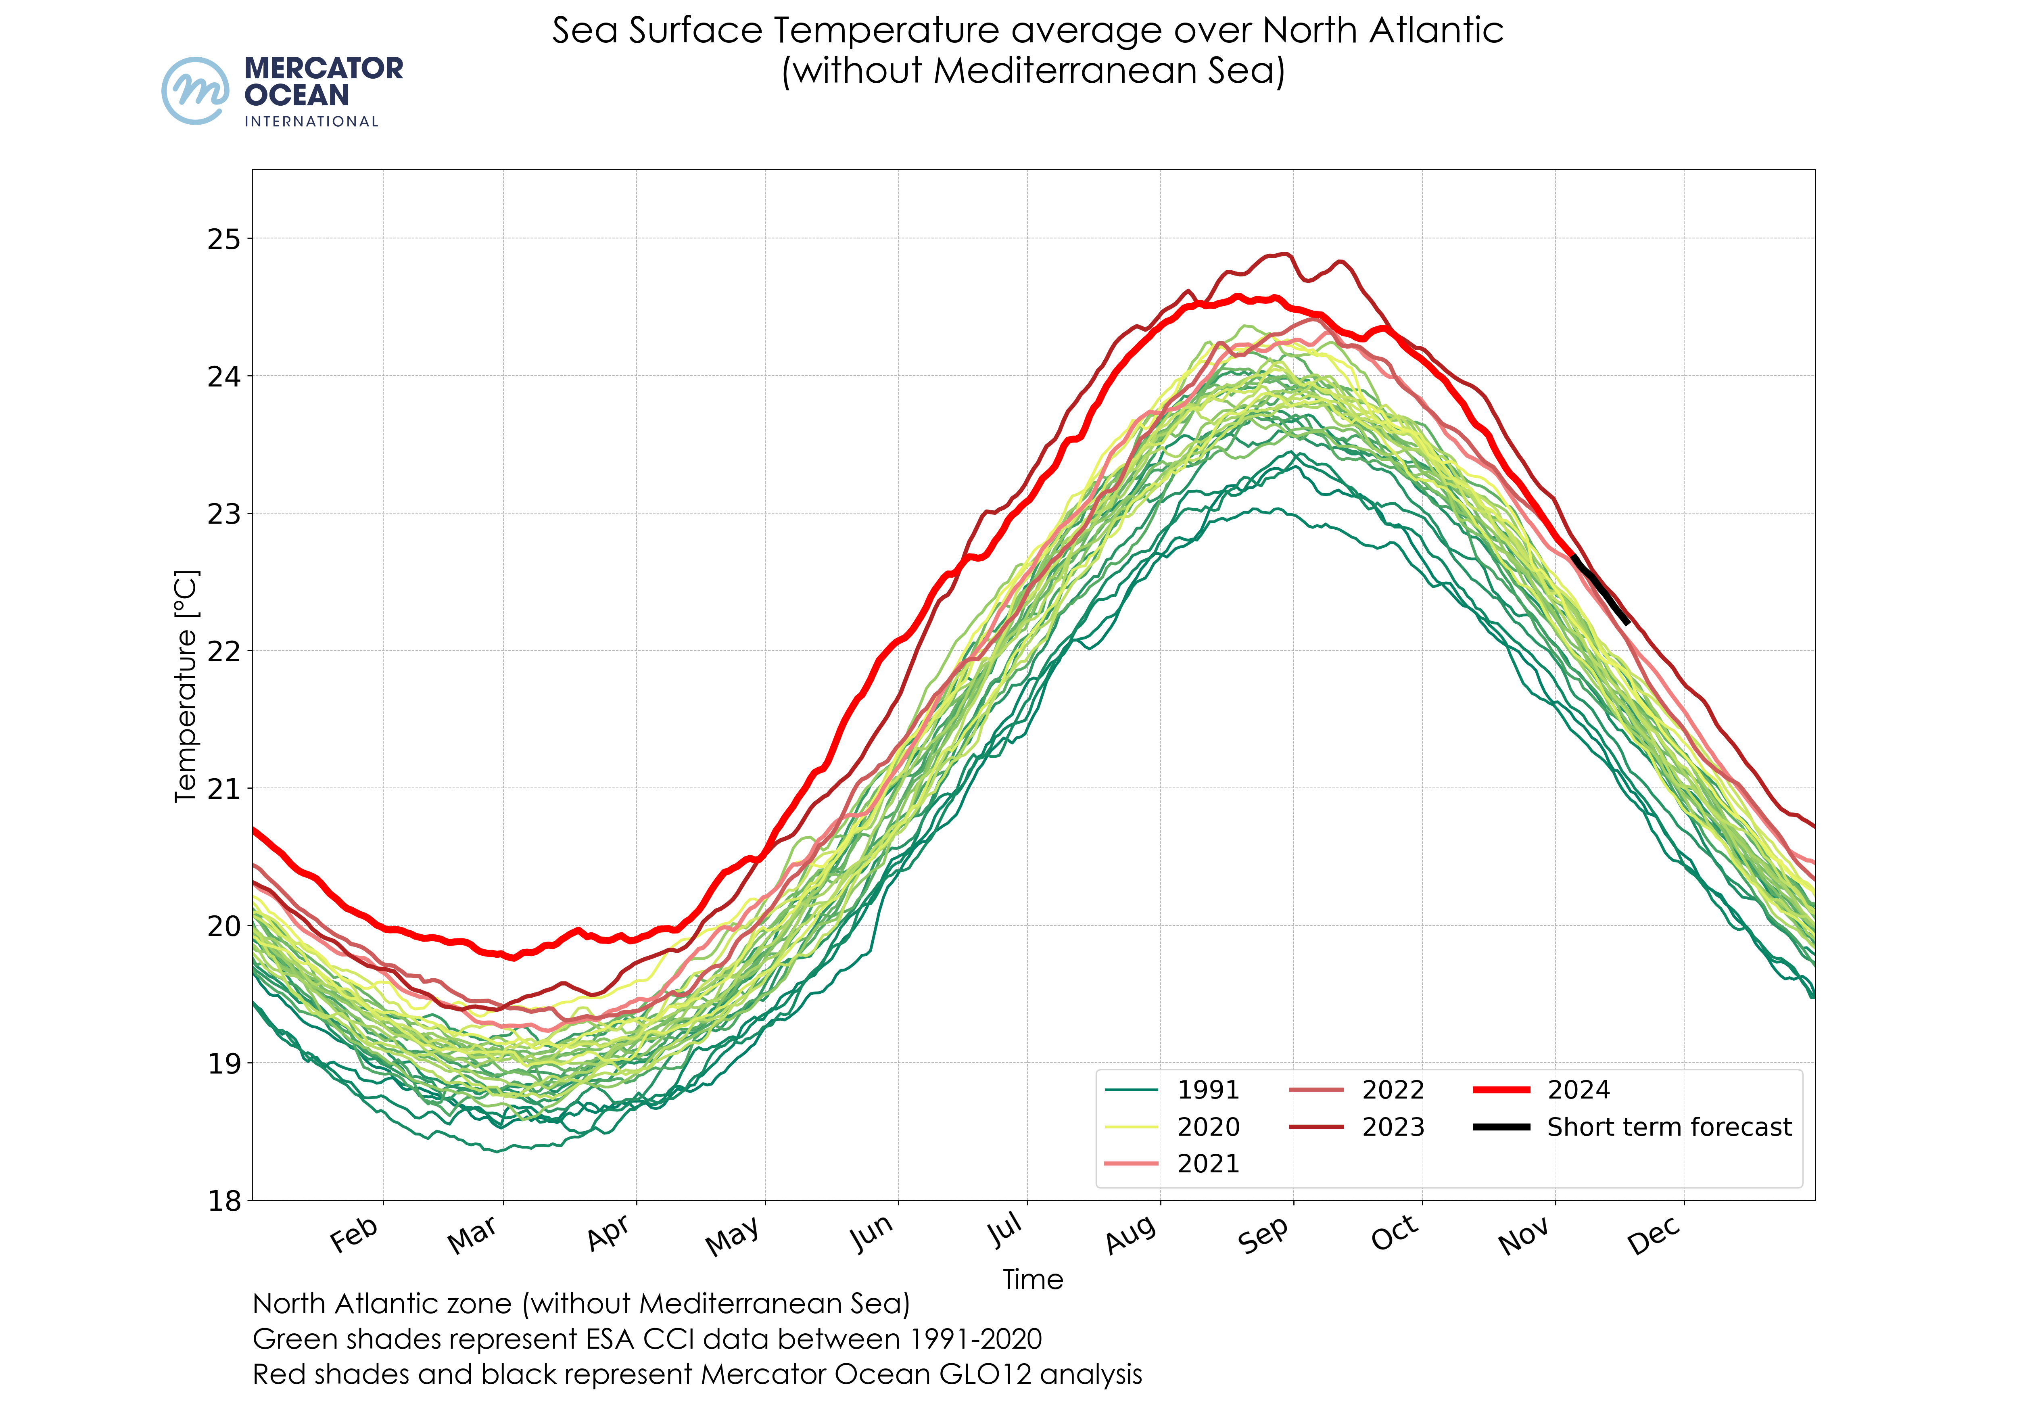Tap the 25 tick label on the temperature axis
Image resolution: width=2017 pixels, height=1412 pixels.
pyautogui.click(x=223, y=239)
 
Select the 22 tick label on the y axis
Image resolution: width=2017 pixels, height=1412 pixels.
pyautogui.click(x=223, y=651)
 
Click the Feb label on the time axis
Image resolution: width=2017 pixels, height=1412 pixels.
pyautogui.click(x=354, y=1234)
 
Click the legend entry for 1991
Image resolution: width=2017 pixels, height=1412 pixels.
pyautogui.click(x=1208, y=1090)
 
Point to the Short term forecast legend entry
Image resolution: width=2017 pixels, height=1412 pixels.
pyautogui.click(x=1668, y=1126)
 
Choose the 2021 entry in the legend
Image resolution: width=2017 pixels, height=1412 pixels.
pyautogui.click(x=1208, y=1163)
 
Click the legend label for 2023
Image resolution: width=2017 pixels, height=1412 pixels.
pyautogui.click(x=1393, y=1126)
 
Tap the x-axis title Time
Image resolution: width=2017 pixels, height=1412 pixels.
pyautogui.click(x=1033, y=1279)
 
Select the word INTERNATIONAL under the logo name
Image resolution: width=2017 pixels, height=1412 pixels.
pyautogui.click(x=311, y=121)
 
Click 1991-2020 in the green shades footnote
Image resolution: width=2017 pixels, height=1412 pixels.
pyautogui.click(x=975, y=1339)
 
